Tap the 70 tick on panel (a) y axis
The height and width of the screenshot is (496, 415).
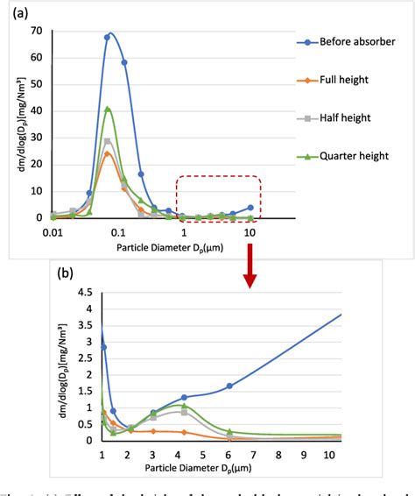click(37, 32)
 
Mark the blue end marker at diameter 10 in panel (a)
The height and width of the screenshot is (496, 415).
click(250, 208)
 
